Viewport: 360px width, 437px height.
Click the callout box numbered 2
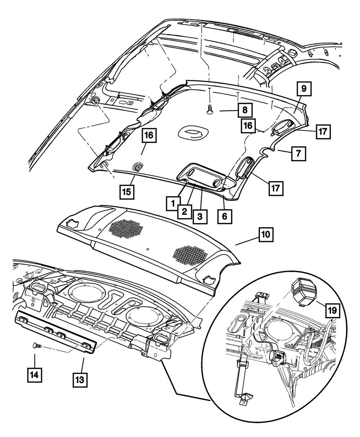pos(184,211)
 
